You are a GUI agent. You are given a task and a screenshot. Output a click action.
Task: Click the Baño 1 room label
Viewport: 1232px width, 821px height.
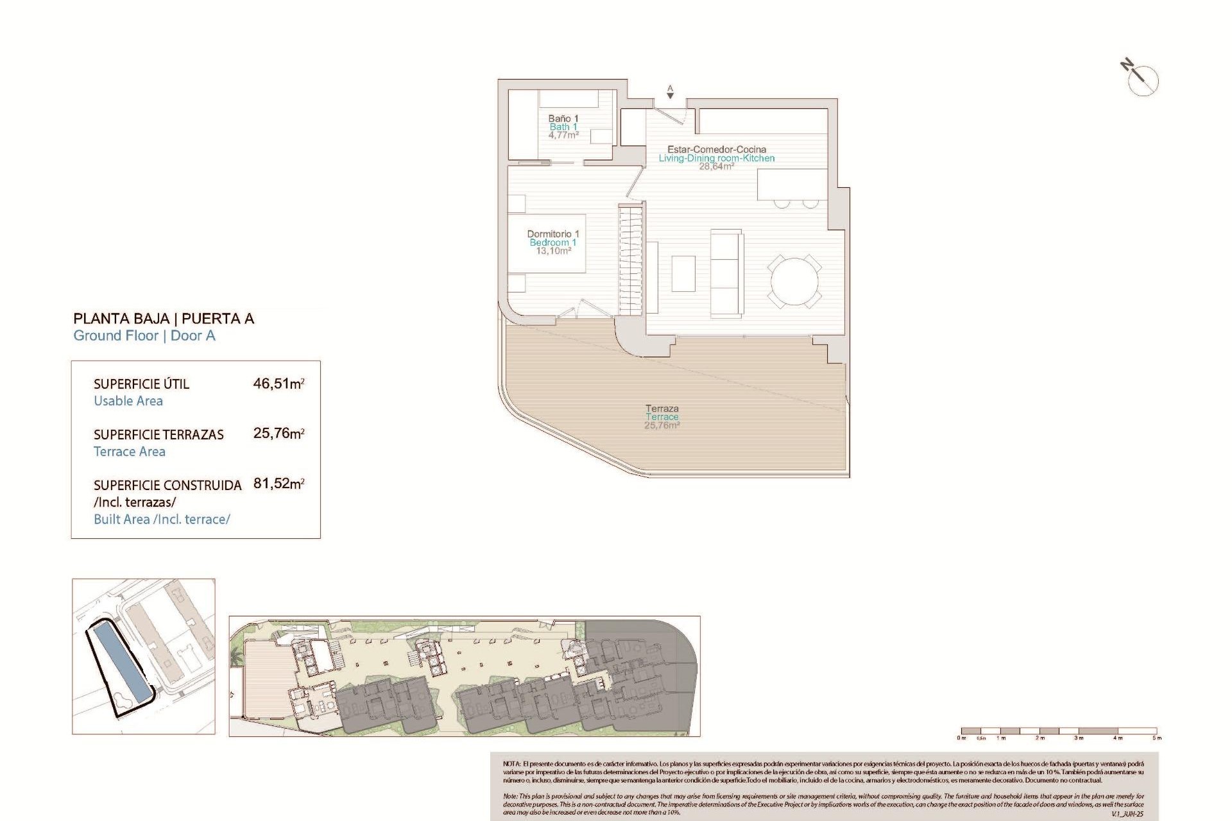click(563, 119)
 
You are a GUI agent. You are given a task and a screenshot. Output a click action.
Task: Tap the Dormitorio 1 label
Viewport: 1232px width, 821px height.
click(552, 234)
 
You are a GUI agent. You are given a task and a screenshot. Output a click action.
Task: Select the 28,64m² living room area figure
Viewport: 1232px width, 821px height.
click(716, 167)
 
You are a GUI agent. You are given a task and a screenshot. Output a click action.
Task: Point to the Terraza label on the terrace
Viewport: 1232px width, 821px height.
click(662, 408)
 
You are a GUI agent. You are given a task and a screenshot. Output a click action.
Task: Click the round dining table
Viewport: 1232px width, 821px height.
click(794, 282)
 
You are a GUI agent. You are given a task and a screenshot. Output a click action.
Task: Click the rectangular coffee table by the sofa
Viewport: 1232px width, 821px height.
click(683, 273)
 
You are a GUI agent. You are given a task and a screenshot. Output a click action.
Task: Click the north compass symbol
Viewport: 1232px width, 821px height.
click(1142, 79)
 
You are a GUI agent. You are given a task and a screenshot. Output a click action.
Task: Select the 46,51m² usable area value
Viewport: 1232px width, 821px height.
click(278, 384)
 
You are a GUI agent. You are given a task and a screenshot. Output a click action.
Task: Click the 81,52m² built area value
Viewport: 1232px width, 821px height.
click(278, 484)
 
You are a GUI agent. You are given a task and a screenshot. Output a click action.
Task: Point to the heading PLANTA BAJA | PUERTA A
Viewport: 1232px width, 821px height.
click(164, 318)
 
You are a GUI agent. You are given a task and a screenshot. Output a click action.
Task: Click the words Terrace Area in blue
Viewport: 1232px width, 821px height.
click(130, 452)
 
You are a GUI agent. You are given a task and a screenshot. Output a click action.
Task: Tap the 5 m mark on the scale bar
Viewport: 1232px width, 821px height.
click(1156, 738)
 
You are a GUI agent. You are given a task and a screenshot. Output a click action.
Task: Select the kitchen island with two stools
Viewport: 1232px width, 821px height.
click(791, 184)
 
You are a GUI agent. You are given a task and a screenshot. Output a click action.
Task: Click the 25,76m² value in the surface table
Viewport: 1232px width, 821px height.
click(278, 434)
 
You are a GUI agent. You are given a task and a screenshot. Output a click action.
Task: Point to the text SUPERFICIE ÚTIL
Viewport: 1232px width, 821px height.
click(141, 384)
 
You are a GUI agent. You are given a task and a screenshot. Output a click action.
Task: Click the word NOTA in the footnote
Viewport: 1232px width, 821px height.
click(511, 764)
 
